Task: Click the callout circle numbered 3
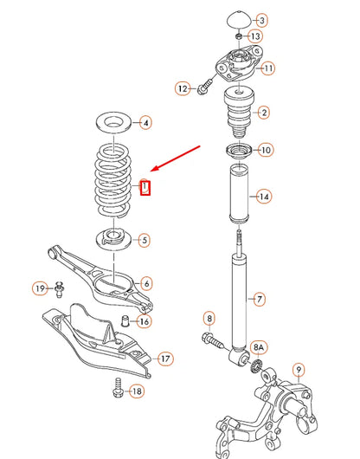coord(261,20)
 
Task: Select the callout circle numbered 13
coord(255,36)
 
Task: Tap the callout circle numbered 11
coord(268,68)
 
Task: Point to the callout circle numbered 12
coord(182,87)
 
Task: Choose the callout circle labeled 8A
coord(259,347)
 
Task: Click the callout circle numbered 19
coord(40,288)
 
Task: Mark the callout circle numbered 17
coord(165,358)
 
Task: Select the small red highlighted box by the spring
coord(145,186)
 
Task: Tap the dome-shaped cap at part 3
coord(237,20)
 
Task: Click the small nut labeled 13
coord(238,37)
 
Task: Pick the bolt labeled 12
coord(204,87)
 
